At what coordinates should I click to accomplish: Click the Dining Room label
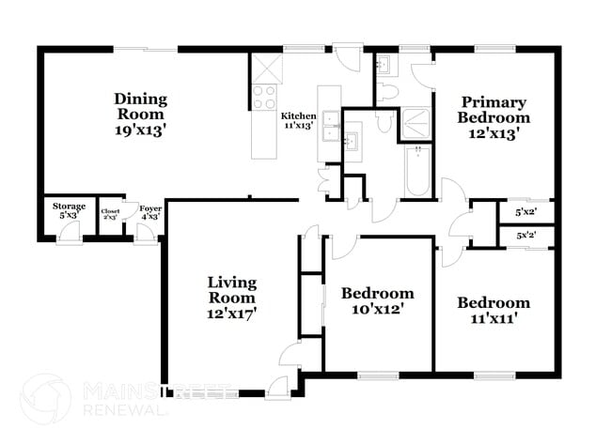tap(141, 99)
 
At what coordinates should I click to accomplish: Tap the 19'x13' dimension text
tap(141, 130)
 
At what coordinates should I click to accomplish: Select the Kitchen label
tap(299, 115)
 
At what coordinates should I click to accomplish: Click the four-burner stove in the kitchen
tap(264, 98)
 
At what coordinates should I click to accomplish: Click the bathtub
tap(417, 171)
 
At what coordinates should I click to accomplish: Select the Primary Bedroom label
tap(493, 110)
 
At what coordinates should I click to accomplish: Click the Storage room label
tap(69, 207)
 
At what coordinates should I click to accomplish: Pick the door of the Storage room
tap(68, 234)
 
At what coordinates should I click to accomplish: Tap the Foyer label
tap(150, 208)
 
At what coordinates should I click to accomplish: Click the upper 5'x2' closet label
tap(526, 212)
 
